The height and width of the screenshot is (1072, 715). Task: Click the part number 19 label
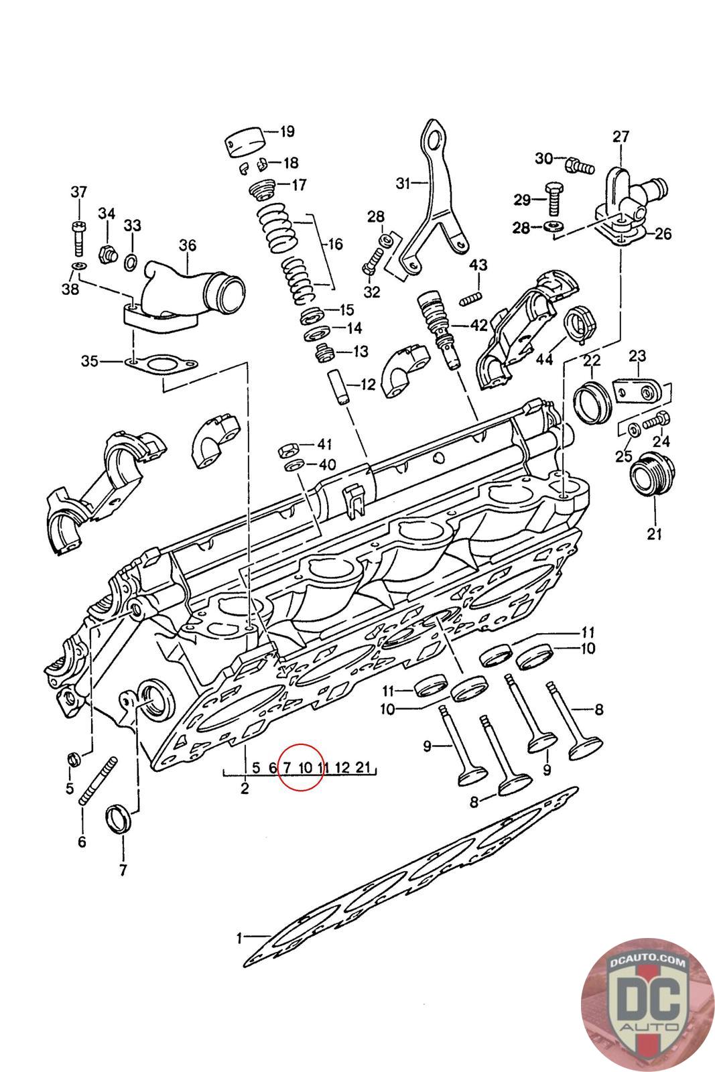click(287, 131)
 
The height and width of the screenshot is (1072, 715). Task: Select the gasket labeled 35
click(161, 364)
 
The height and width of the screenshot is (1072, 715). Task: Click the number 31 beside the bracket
click(403, 183)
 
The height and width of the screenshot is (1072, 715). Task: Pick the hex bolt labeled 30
click(580, 165)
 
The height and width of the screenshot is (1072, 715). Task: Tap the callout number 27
click(621, 137)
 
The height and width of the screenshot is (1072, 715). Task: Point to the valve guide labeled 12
click(339, 387)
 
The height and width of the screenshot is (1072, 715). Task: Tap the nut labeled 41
click(289, 450)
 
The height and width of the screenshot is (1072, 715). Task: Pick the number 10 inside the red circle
click(305, 768)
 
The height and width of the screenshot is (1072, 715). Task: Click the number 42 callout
click(478, 326)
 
